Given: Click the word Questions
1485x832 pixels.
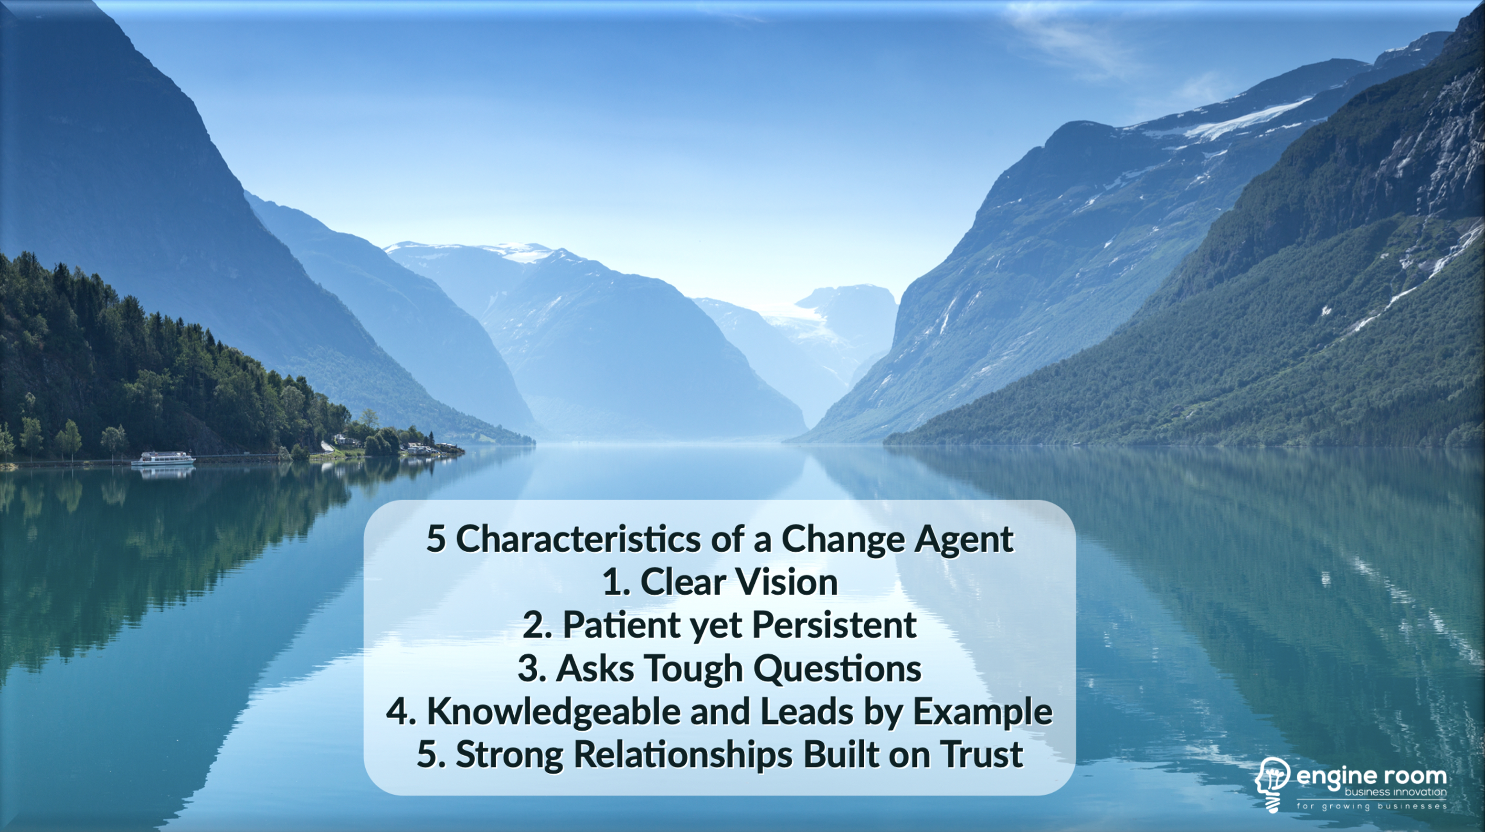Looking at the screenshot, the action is (837, 669).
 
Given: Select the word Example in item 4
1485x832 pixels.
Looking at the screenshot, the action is (982, 713).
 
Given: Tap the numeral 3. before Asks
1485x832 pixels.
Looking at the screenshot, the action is (532, 669).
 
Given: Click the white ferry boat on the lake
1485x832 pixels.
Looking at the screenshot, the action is (163, 459).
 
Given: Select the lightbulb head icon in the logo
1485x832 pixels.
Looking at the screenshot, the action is (1272, 784).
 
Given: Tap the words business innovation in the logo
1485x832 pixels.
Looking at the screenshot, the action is (1396, 792).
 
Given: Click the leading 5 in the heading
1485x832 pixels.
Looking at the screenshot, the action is (436, 540).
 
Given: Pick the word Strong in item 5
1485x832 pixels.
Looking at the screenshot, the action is (509, 755).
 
